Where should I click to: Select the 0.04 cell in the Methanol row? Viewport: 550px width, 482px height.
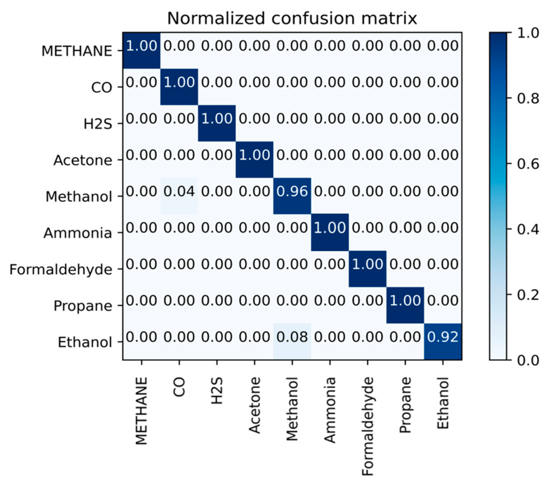pyautogui.click(x=179, y=192)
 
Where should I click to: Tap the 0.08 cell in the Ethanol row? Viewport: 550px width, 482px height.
pyautogui.click(x=292, y=337)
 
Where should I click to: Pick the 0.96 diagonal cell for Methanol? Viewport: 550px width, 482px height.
pyautogui.click(x=292, y=192)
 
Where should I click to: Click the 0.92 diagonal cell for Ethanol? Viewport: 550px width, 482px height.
pyautogui.click(x=443, y=337)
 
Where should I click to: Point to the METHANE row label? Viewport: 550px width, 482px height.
pyautogui.click(x=77, y=51)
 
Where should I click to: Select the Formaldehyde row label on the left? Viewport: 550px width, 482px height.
pyautogui.click(x=61, y=269)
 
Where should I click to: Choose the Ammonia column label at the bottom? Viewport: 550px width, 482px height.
pyautogui.click(x=330, y=410)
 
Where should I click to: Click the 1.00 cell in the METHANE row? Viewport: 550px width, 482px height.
pyautogui.click(x=142, y=46)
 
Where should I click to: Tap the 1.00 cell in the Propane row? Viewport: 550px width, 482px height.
pyautogui.click(x=405, y=300)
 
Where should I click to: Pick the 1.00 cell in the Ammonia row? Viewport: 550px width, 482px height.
pyautogui.click(x=330, y=228)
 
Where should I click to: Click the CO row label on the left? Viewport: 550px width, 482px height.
pyautogui.click(x=102, y=87)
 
